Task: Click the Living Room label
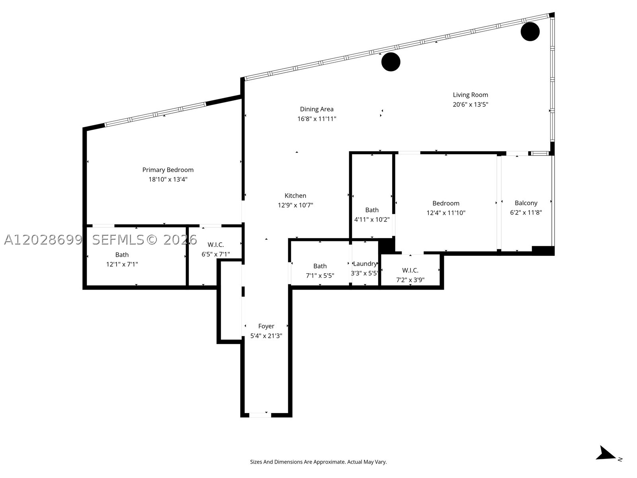[471, 95]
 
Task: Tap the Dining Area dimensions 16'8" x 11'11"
[317, 119]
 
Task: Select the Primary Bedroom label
[168, 170]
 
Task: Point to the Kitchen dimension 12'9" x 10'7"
[295, 205]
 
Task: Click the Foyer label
[266, 326]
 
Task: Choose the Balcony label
[526, 203]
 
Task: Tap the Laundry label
[365, 264]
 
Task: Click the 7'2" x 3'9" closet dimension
[410, 280]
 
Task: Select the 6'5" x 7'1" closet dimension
[216, 255]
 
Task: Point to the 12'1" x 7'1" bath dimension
[122, 264]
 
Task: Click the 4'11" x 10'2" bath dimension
[372, 219]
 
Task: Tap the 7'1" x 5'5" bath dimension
[320, 276]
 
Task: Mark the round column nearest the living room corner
[530, 31]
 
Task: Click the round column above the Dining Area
[391, 62]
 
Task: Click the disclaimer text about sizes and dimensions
[318, 462]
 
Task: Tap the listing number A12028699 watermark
[43, 240]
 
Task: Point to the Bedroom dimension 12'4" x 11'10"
[446, 213]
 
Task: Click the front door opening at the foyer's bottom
[260, 415]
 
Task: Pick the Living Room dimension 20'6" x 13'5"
[471, 104]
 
